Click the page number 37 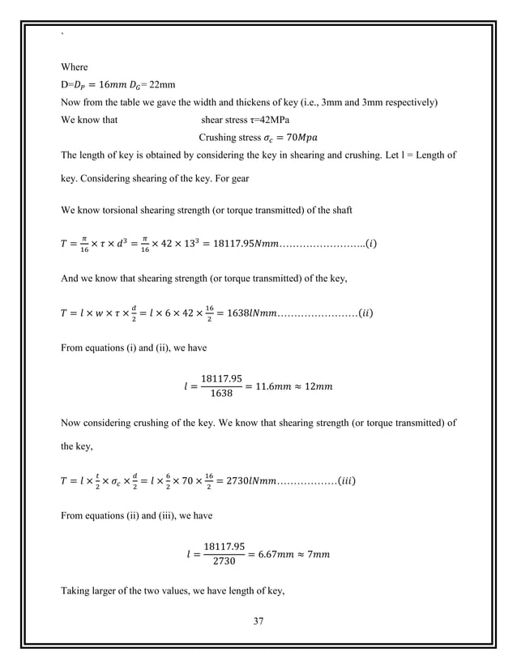258,622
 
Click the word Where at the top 75,67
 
